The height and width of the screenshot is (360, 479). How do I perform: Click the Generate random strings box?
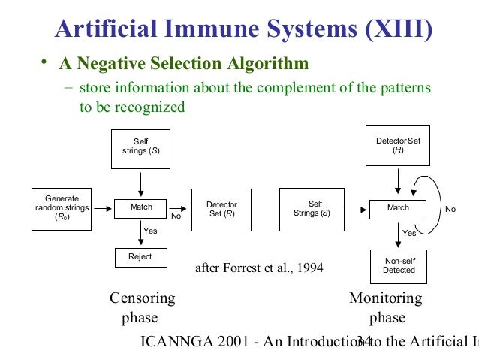click(x=62, y=207)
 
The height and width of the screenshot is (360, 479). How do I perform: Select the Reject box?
click(x=140, y=257)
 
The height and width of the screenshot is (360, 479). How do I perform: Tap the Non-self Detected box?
click(x=398, y=266)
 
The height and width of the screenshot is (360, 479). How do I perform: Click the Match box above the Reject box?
click(x=140, y=207)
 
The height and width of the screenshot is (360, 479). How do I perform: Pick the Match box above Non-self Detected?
click(x=398, y=207)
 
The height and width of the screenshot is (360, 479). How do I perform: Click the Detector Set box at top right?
click(x=398, y=146)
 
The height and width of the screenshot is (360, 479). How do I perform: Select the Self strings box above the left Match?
click(x=140, y=148)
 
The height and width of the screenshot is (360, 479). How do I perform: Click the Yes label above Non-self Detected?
click(x=409, y=234)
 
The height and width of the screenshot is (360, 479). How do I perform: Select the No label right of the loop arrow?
click(x=450, y=210)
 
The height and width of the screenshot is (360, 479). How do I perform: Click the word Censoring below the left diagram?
click(x=143, y=298)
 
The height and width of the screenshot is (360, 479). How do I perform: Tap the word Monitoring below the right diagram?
click(x=386, y=298)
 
